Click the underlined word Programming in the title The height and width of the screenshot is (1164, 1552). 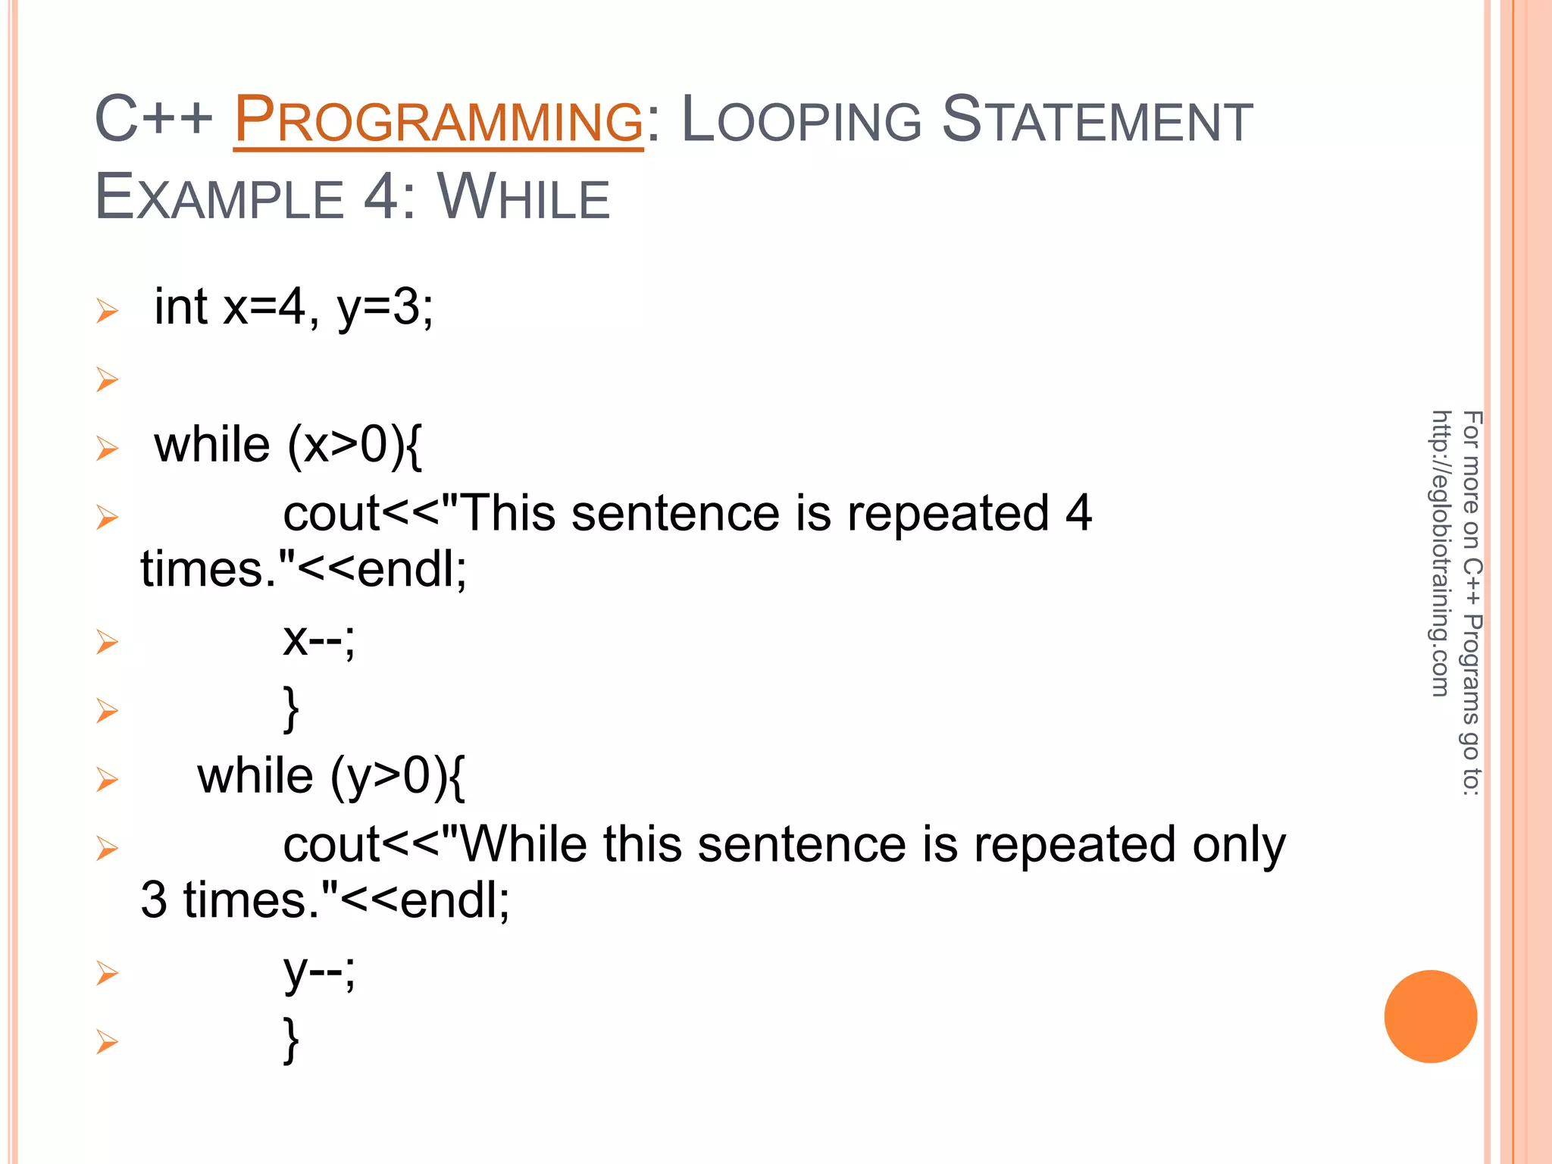[x=438, y=120]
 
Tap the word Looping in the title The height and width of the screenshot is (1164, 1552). [x=802, y=120]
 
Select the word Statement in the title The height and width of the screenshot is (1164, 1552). [x=1097, y=120]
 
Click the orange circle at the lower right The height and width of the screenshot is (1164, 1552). [x=1430, y=1016]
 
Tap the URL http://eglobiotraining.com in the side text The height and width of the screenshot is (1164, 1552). [x=1441, y=553]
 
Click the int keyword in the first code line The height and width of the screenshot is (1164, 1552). [x=180, y=307]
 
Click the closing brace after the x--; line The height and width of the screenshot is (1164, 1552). [x=291, y=709]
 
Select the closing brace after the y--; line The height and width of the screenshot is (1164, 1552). [x=291, y=1040]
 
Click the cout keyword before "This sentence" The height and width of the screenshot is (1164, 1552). [x=331, y=514]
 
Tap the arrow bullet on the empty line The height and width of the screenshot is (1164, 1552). [x=107, y=379]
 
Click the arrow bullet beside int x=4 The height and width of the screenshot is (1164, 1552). [x=107, y=311]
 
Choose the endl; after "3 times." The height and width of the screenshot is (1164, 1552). [x=455, y=900]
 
